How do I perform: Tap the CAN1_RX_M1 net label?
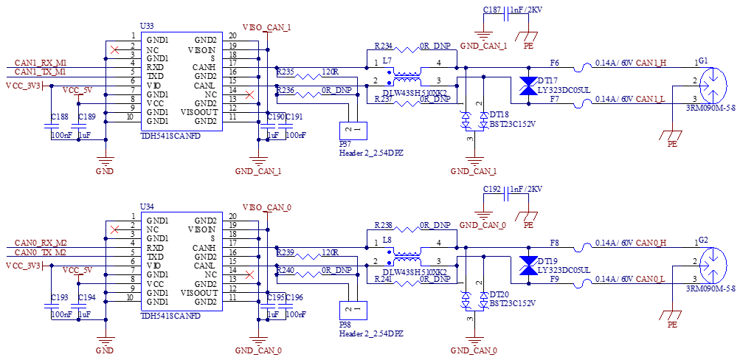[x=41, y=63]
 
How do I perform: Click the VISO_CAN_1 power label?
[x=267, y=27]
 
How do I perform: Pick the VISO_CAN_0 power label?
[x=267, y=208]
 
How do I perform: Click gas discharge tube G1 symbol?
[x=713, y=86]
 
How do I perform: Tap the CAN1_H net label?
[x=651, y=63]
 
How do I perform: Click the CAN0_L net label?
[x=651, y=279]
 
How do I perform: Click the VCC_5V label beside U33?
[x=77, y=90]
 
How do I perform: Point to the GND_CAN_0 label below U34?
[x=258, y=350]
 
